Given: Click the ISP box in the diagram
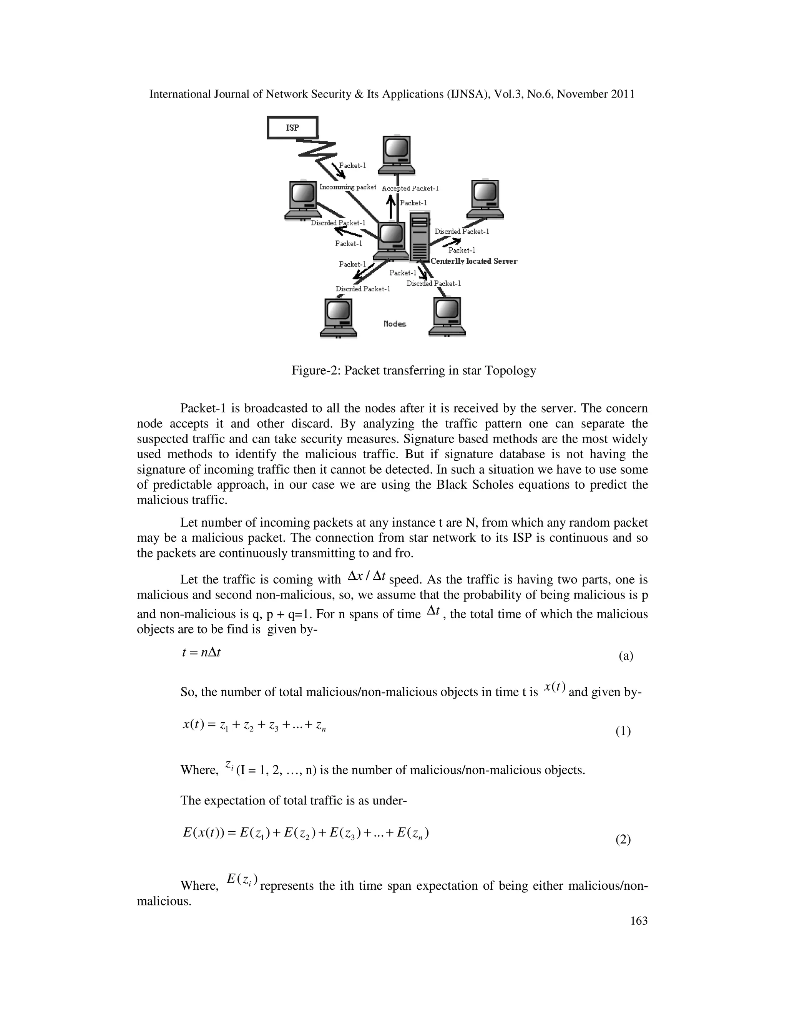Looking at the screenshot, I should click(x=292, y=128).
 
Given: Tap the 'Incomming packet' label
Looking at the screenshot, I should click(x=347, y=187).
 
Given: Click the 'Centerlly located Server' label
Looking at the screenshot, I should click(x=474, y=262).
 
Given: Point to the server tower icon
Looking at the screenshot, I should click(x=419, y=237).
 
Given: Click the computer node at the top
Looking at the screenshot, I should click(x=396, y=155).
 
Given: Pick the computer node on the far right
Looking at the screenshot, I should click(x=485, y=199).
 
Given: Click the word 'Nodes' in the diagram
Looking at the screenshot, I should click(x=394, y=323).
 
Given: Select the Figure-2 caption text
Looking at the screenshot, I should click(x=413, y=371).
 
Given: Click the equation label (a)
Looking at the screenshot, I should click(x=626, y=656).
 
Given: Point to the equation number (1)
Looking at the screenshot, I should click(x=623, y=731).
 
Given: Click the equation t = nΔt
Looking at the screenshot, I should click(x=201, y=652).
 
